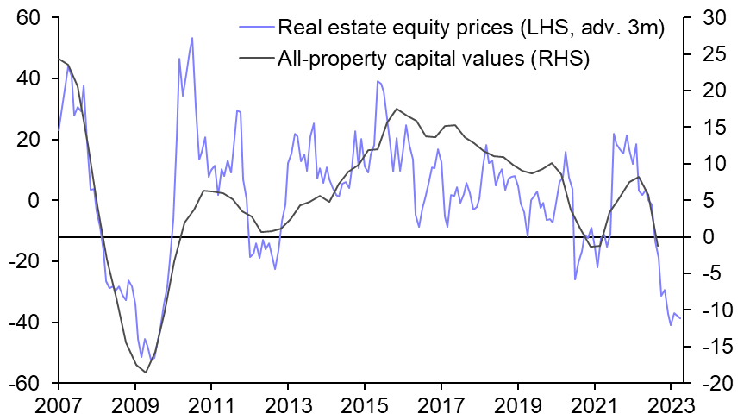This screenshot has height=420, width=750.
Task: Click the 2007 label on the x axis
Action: coord(59,405)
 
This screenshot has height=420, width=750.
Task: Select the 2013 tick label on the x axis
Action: coord(287,405)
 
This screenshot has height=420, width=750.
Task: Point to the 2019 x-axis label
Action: coord(517,405)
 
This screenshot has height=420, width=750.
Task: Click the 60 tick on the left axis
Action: coord(36,18)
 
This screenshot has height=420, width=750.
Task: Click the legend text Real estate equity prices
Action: coord(470,29)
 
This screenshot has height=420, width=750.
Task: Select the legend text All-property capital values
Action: coord(433,59)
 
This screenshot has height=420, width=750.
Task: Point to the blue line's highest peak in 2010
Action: coord(191,38)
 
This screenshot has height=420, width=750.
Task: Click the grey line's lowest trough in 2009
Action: coord(147,373)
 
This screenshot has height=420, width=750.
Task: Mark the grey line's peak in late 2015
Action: coord(396,110)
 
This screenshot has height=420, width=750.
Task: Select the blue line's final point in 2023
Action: coord(681,318)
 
